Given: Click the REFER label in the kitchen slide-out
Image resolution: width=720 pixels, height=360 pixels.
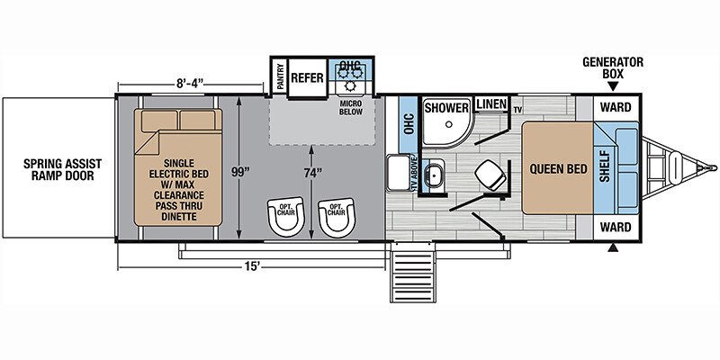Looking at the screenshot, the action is (307, 77).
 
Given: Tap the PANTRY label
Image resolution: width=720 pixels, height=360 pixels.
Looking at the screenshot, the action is (280, 76).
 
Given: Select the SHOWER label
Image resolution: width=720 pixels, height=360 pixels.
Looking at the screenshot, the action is (445, 108).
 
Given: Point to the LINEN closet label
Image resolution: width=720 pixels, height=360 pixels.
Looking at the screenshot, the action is (491, 103).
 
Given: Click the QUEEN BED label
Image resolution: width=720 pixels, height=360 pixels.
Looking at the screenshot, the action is (558, 169).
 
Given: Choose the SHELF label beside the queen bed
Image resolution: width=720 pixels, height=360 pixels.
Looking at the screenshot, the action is (604, 166).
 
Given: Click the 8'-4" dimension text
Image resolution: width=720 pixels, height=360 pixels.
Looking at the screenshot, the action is (190, 84).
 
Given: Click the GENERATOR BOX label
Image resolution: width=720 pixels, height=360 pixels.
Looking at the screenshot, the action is (613, 68).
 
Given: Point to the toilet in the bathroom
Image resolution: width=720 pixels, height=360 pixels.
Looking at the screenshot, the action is (490, 176).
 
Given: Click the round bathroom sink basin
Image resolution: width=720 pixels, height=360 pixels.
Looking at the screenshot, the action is (433, 175).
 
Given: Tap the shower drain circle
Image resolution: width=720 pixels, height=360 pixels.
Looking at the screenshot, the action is (449, 124).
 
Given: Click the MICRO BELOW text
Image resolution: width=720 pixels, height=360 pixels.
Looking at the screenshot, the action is (351, 108).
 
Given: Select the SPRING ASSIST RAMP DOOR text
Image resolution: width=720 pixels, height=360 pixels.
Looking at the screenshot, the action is (63, 169).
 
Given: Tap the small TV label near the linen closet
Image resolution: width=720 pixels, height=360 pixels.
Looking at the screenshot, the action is (518, 110).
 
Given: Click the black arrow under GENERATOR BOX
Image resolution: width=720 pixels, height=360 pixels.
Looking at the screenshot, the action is (612, 86).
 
